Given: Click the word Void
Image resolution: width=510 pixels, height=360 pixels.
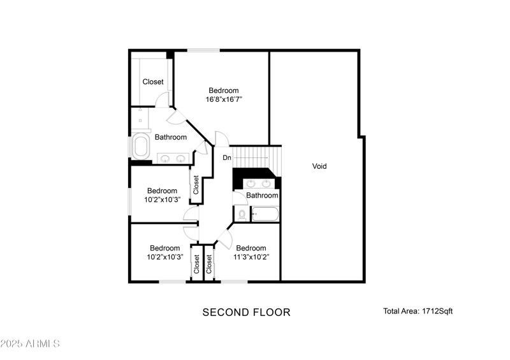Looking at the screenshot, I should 319,166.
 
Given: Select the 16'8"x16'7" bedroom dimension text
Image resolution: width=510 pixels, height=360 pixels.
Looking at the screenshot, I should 223,99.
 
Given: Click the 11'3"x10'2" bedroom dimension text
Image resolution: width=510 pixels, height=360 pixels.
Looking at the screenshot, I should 251,257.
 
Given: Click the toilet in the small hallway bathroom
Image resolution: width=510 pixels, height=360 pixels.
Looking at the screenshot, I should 242,215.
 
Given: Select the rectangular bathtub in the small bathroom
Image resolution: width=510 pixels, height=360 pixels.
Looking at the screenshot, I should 265,214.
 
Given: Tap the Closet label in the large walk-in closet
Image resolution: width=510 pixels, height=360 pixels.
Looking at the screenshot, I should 152,82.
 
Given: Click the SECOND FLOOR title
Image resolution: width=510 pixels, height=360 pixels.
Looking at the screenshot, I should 246,312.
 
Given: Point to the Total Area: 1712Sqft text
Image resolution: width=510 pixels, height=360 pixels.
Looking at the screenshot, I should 418,312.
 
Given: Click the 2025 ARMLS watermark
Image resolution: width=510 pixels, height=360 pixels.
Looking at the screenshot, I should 30,344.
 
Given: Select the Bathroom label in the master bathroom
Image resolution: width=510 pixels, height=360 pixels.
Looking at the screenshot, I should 170,137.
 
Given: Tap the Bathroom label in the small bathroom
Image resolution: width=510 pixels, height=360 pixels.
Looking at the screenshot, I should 262,196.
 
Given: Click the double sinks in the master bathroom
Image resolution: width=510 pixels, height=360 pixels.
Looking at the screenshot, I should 172,159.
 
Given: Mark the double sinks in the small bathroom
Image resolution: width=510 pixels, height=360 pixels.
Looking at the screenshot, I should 258,184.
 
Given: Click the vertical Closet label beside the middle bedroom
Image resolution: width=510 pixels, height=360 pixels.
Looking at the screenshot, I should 196,185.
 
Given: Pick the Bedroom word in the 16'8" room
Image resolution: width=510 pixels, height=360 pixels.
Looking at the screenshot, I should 223,90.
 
